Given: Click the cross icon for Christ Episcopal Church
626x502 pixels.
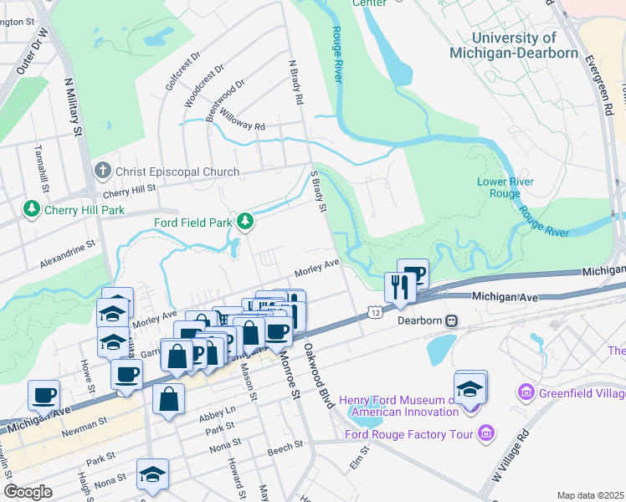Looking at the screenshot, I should [x=103, y=171].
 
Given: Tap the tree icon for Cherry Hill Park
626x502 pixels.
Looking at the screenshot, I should [x=32, y=207].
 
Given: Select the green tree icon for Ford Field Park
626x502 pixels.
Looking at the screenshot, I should [x=245, y=222].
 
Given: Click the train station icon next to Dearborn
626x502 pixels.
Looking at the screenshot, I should [x=451, y=320].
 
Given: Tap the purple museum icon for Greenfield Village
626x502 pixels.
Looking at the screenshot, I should [x=526, y=392].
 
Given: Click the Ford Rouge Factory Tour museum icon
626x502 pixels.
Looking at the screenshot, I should [x=486, y=433].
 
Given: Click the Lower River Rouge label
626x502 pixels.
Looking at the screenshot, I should [x=505, y=187].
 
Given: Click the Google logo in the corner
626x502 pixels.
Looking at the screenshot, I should [x=28, y=491].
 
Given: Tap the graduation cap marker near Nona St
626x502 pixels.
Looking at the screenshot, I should [x=152, y=474].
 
